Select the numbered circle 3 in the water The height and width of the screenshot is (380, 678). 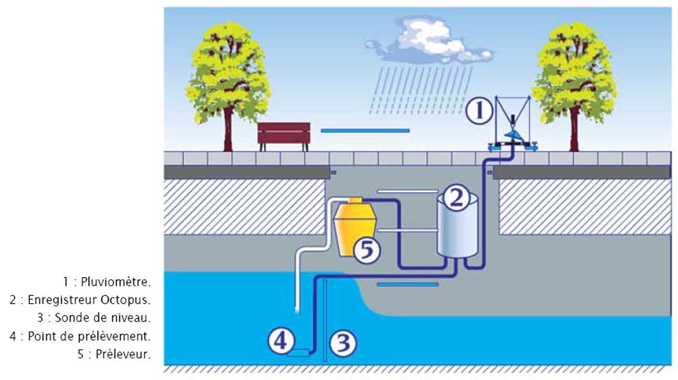point(342,343)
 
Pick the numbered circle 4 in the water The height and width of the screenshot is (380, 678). point(281,341)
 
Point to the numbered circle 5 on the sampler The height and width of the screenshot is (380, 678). point(367,249)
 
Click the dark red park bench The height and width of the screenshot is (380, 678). point(284,135)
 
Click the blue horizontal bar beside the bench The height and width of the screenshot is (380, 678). point(365,131)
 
